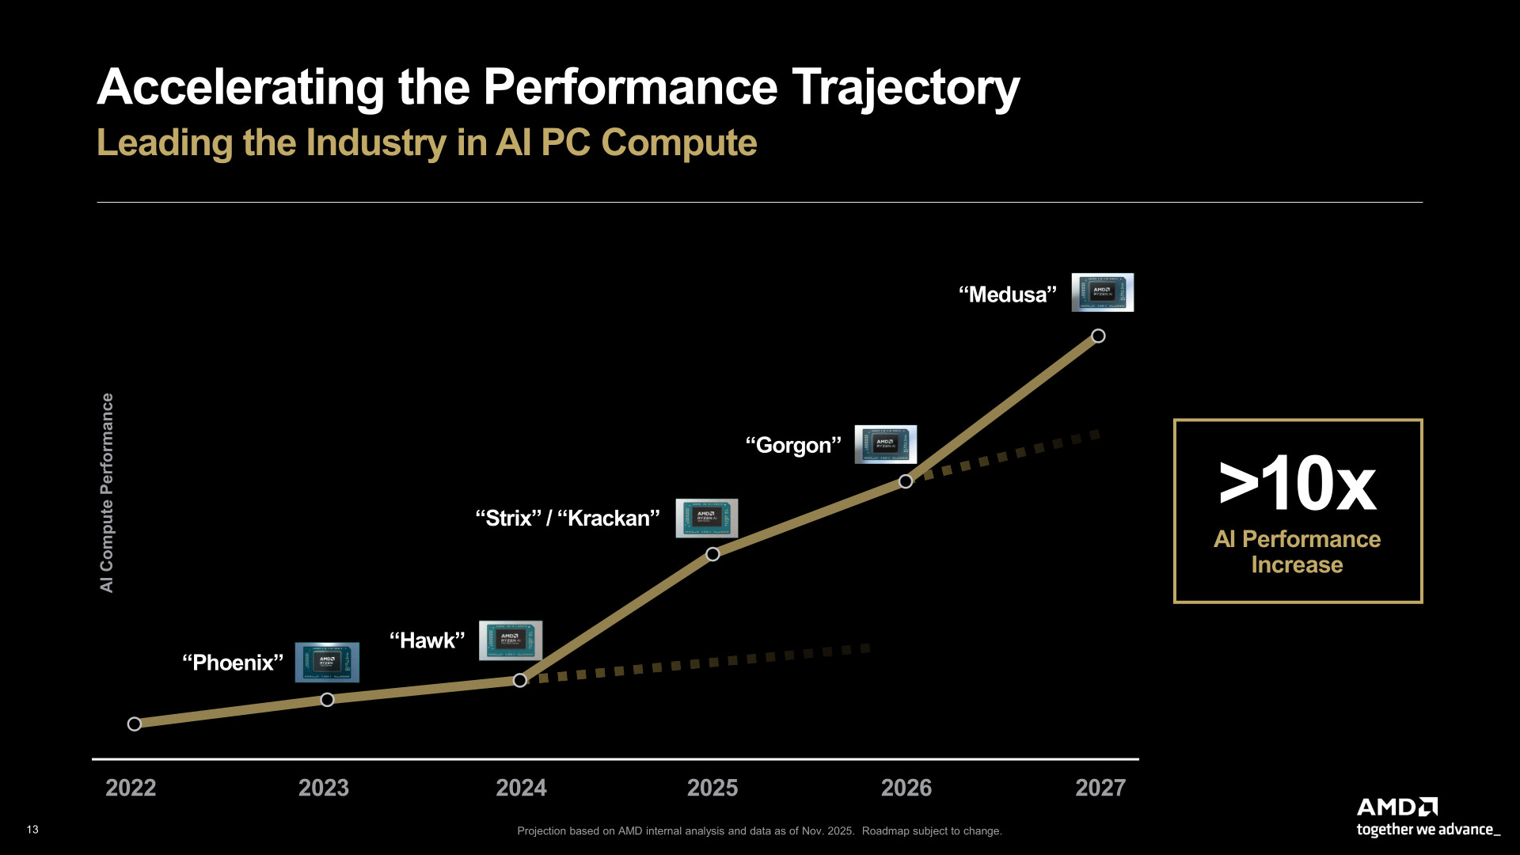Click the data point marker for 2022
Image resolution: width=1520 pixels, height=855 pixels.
135,724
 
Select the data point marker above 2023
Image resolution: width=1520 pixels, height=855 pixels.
327,699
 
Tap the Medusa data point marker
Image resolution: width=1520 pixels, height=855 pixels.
1098,336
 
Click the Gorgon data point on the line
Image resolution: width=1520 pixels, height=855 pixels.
906,481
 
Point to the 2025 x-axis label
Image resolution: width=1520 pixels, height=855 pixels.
712,788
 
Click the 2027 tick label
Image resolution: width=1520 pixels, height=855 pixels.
1100,788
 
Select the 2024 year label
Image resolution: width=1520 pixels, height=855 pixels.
521,788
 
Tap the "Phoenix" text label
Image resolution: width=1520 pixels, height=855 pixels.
233,663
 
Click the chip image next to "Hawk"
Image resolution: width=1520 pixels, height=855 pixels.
511,640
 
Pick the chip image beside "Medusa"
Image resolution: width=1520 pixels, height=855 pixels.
1102,292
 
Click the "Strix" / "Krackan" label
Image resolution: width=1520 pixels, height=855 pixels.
567,518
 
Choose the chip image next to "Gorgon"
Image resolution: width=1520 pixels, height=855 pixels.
885,444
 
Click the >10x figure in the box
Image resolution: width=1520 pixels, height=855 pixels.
1298,484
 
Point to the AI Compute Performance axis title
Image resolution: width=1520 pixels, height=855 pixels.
107,492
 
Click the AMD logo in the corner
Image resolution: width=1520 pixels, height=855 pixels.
1396,807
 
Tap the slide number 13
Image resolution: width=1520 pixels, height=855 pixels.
32,830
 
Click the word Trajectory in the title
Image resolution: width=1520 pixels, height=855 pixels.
906,87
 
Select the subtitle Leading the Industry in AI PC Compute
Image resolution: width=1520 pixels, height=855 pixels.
427,142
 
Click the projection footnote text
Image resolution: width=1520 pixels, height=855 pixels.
759,830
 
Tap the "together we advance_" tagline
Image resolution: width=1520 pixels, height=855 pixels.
1427,830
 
